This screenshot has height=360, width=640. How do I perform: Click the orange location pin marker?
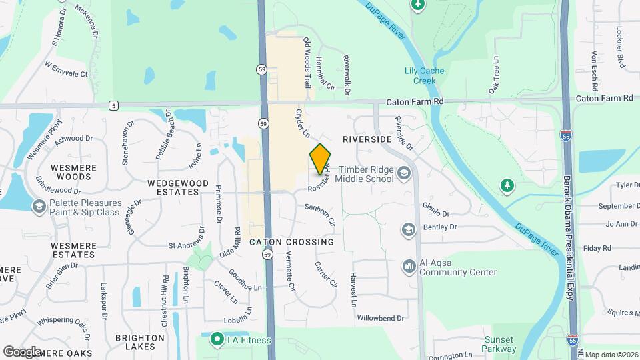point(320,159)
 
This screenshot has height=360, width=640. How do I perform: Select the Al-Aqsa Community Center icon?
point(408,267)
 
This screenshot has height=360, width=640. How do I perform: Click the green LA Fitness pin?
point(216,340)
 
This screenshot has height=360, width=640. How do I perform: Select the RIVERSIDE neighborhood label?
point(367,140)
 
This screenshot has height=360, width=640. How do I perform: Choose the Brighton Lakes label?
point(140,343)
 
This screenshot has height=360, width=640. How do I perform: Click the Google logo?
point(22,351)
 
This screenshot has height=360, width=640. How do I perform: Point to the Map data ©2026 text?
point(611,355)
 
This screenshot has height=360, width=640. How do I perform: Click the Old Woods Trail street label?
point(307,63)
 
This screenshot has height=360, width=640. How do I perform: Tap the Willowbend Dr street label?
point(380,318)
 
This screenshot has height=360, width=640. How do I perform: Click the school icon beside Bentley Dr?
point(408,230)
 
